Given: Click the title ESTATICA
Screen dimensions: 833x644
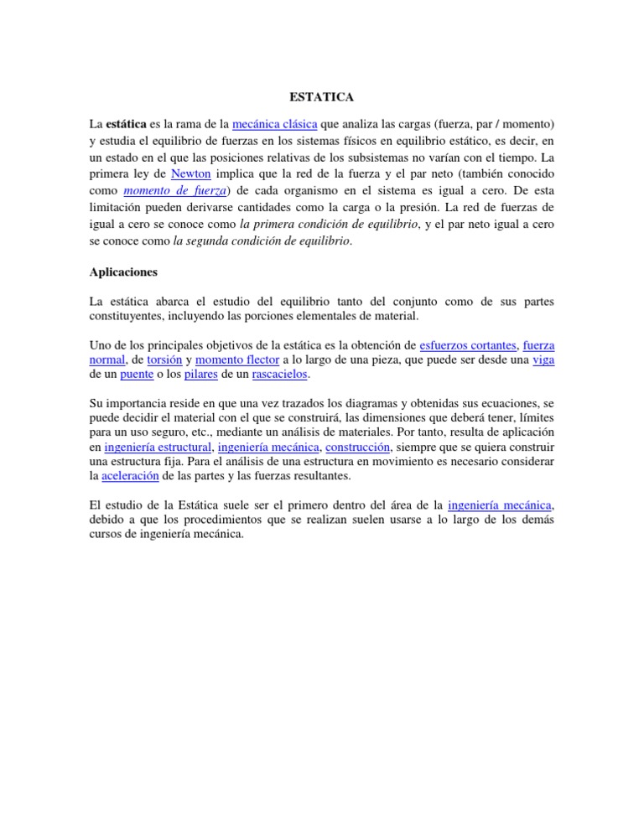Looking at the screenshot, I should (322, 96).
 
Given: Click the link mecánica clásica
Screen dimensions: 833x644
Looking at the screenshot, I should (274, 123).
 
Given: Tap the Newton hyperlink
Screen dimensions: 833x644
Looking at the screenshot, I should (191, 173).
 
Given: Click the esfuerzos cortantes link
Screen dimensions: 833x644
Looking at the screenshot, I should (468, 344).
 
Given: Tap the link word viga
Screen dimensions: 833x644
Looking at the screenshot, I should (543, 359).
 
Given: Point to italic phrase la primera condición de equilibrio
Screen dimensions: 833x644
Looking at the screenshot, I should (328, 224).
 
